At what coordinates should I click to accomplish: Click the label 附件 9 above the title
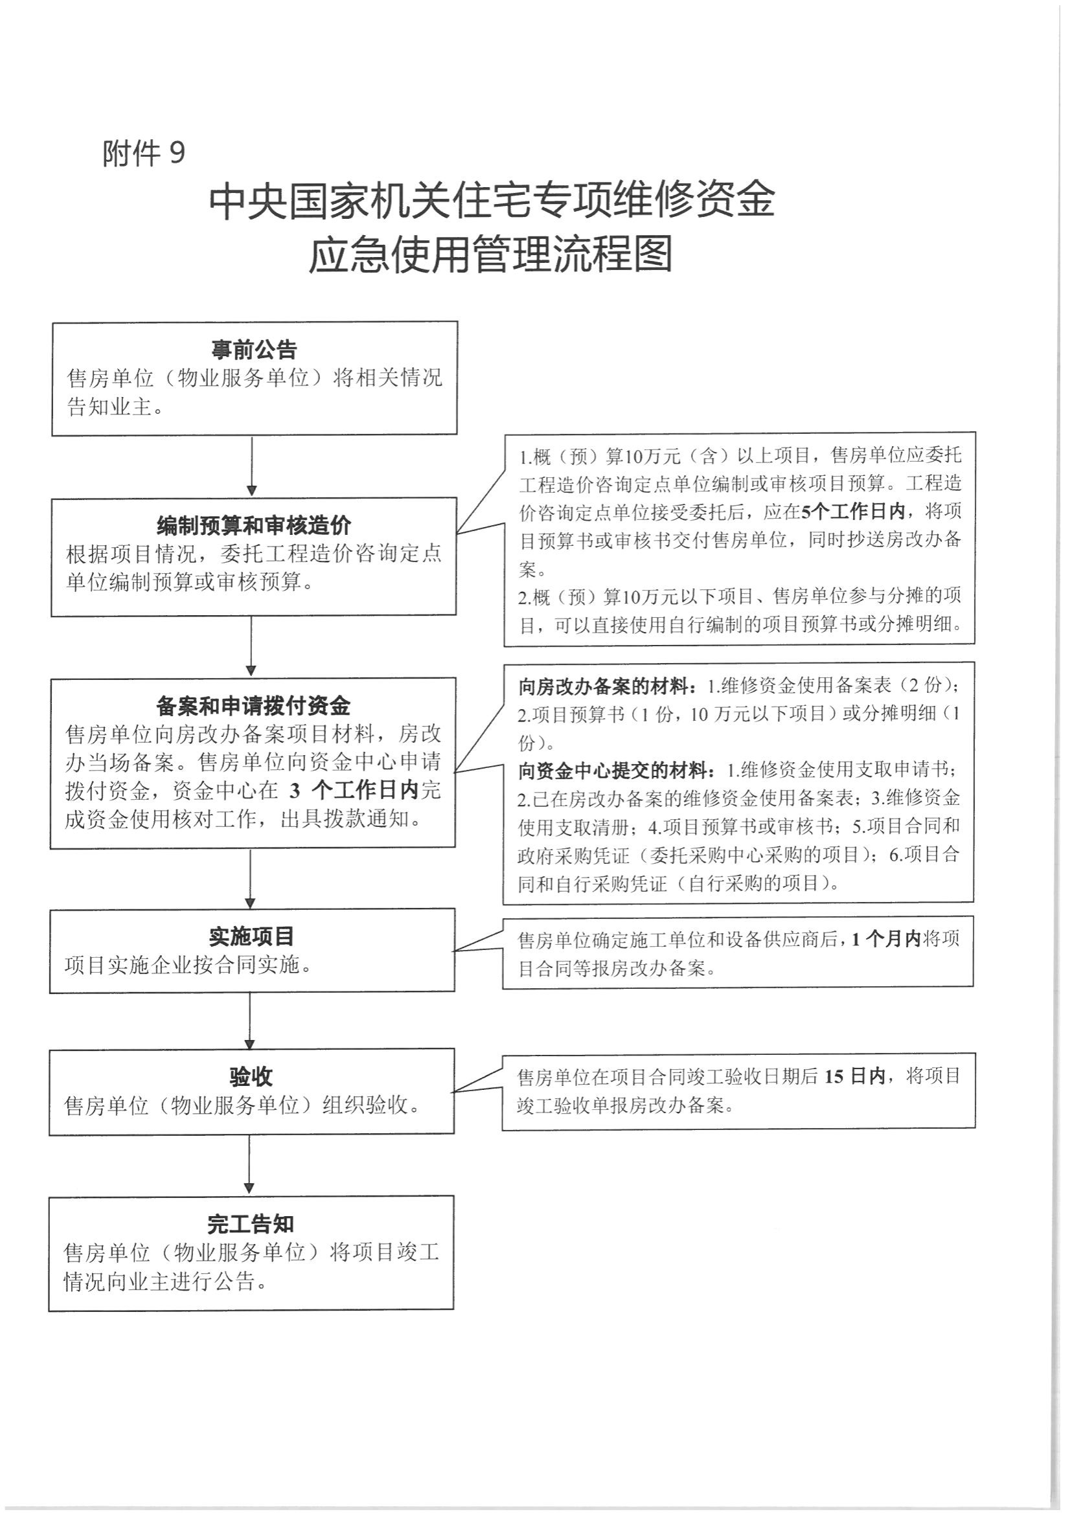[x=143, y=153]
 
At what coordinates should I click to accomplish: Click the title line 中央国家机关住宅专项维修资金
[x=492, y=201]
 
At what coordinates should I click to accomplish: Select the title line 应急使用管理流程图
[x=491, y=254]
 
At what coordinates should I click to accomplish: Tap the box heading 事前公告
[x=254, y=349]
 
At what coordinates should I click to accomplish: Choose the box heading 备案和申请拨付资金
[x=253, y=706]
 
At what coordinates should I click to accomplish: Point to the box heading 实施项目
[x=251, y=936]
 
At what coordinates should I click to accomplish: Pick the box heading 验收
[x=251, y=1077]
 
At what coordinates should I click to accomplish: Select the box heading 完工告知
[x=250, y=1225]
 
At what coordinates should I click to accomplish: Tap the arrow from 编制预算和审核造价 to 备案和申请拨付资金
[x=251, y=646]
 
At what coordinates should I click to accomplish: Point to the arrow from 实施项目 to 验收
[x=250, y=1019]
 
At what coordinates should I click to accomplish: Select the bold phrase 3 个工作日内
[x=355, y=790]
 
